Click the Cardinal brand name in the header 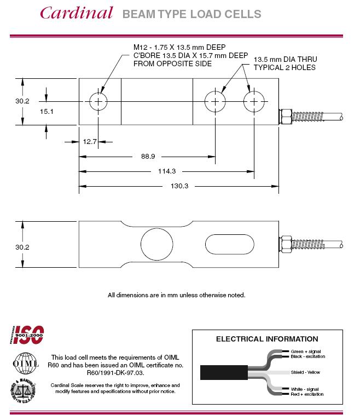[x=76, y=13]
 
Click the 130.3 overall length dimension [x=179, y=186]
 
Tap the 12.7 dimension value [x=90, y=142]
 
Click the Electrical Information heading [x=267, y=339]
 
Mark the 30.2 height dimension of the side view [x=22, y=247]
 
